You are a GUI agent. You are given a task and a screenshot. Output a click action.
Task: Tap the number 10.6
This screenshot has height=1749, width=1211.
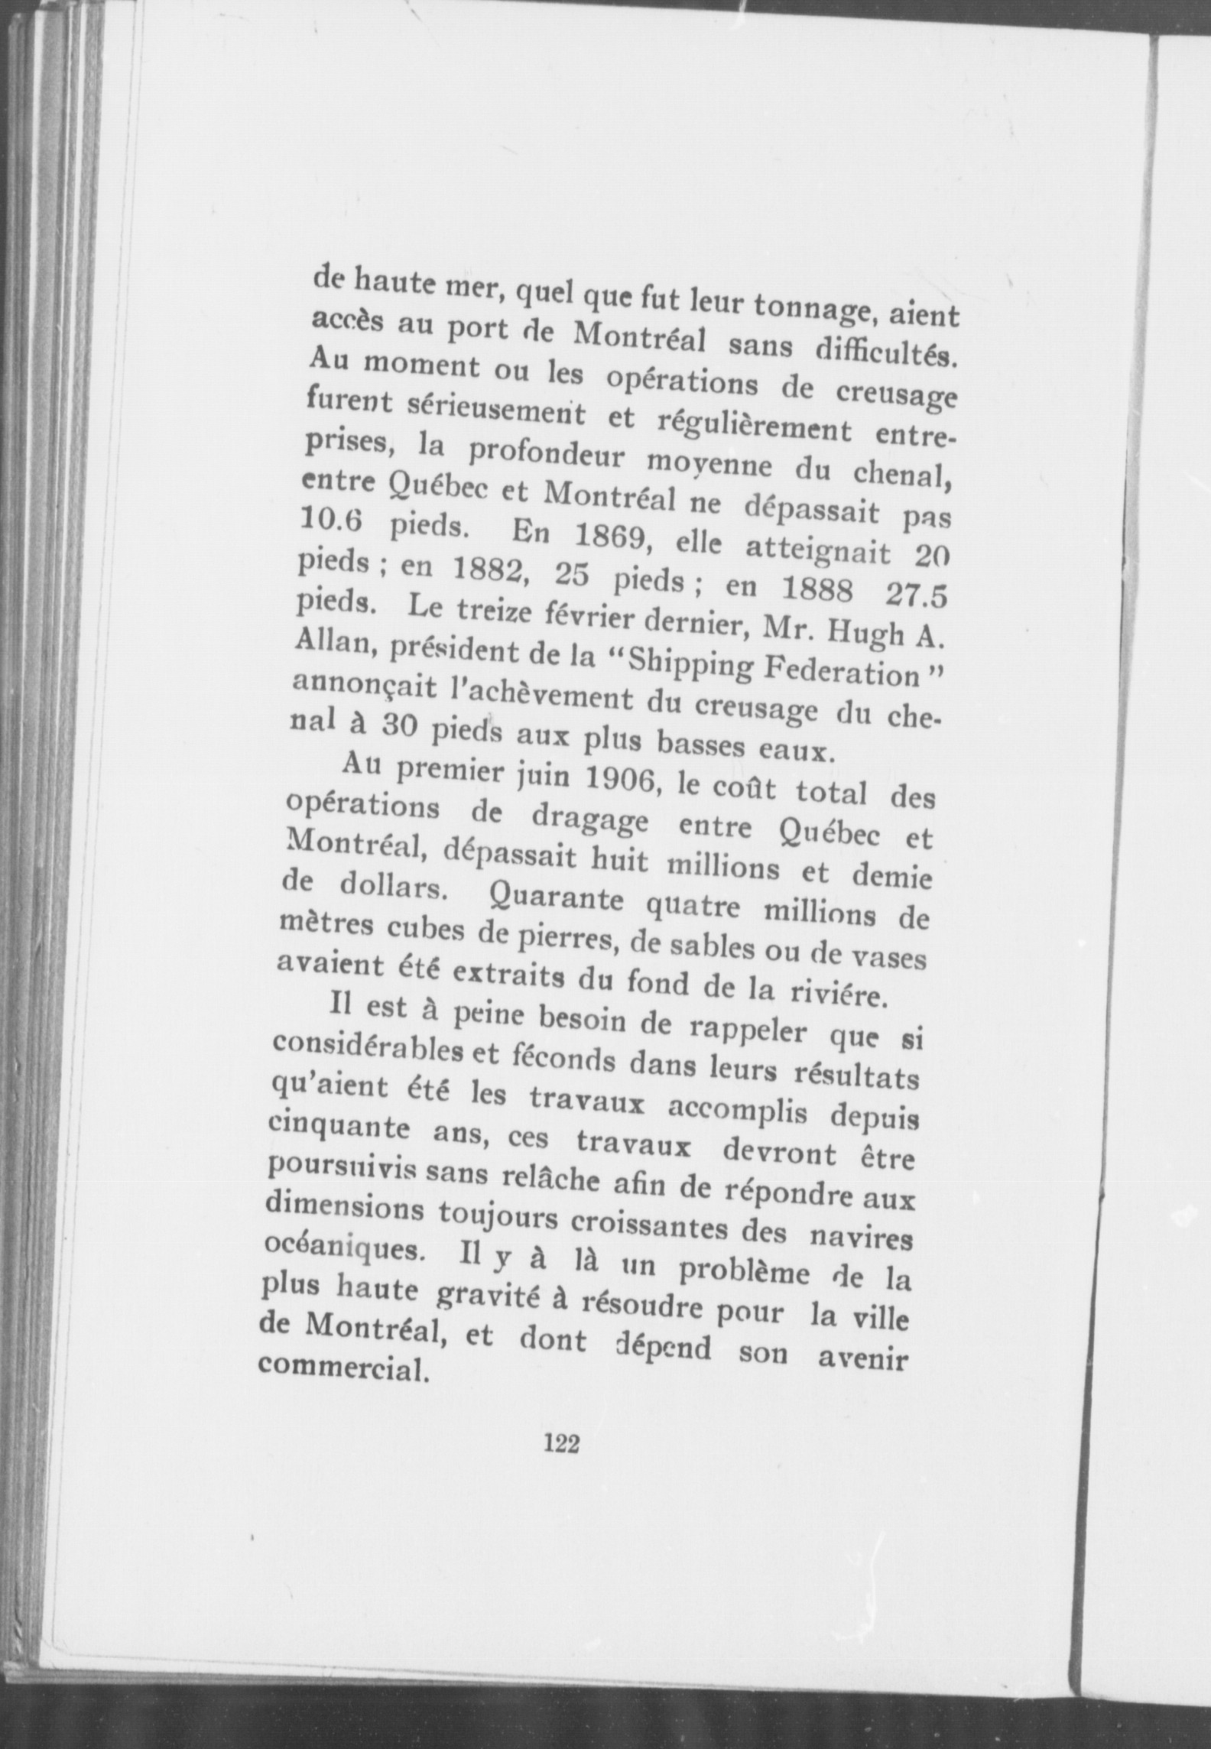339,525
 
